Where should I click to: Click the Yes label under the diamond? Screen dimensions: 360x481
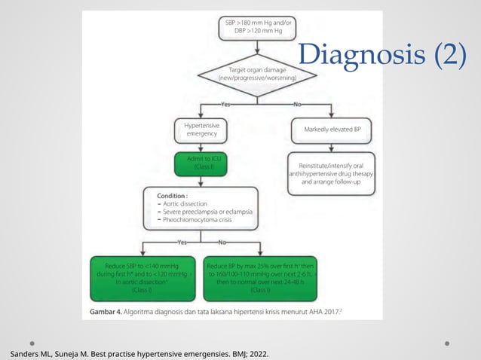[225, 104]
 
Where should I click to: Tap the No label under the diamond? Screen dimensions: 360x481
[297, 104]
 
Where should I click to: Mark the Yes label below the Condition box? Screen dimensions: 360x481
[182, 243]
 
